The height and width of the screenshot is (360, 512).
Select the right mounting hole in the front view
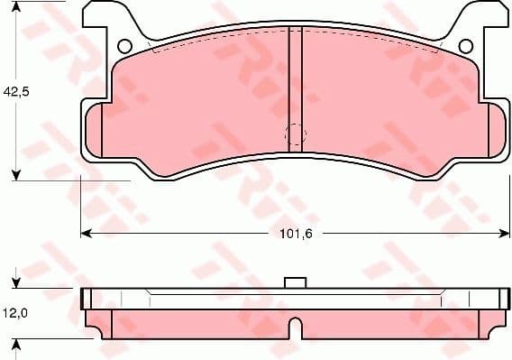pyautogui.click(x=465, y=46)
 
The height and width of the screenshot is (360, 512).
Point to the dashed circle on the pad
pyautogui.click(x=295, y=136)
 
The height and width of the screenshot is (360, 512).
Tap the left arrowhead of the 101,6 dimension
pyautogui.click(x=86, y=233)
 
